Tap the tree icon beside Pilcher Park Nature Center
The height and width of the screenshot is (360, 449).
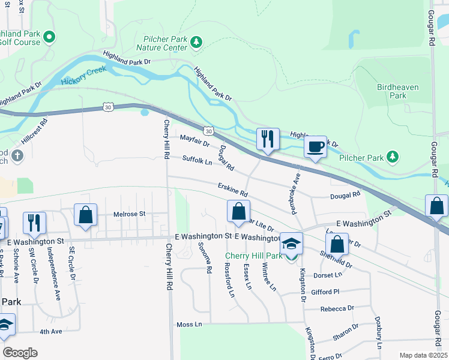pos(196,42)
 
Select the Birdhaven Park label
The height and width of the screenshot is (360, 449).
pos(397,91)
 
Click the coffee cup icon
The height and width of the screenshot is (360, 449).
pos(316,146)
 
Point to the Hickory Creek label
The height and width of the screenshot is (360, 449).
pos(83,76)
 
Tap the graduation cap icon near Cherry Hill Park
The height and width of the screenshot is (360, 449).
pos(291,244)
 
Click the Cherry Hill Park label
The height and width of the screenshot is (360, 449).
pos(253,256)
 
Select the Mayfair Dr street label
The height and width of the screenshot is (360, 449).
pos(194,142)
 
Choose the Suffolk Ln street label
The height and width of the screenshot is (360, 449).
pos(197,160)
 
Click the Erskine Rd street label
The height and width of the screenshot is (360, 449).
pos(233,190)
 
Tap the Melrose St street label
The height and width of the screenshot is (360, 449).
pos(130,214)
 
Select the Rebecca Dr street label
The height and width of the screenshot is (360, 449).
pos(337,308)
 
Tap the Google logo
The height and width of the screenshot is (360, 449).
pos(20,352)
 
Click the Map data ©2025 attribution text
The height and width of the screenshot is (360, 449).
pos(423,355)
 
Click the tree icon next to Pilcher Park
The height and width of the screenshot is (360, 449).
pos(393,157)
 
